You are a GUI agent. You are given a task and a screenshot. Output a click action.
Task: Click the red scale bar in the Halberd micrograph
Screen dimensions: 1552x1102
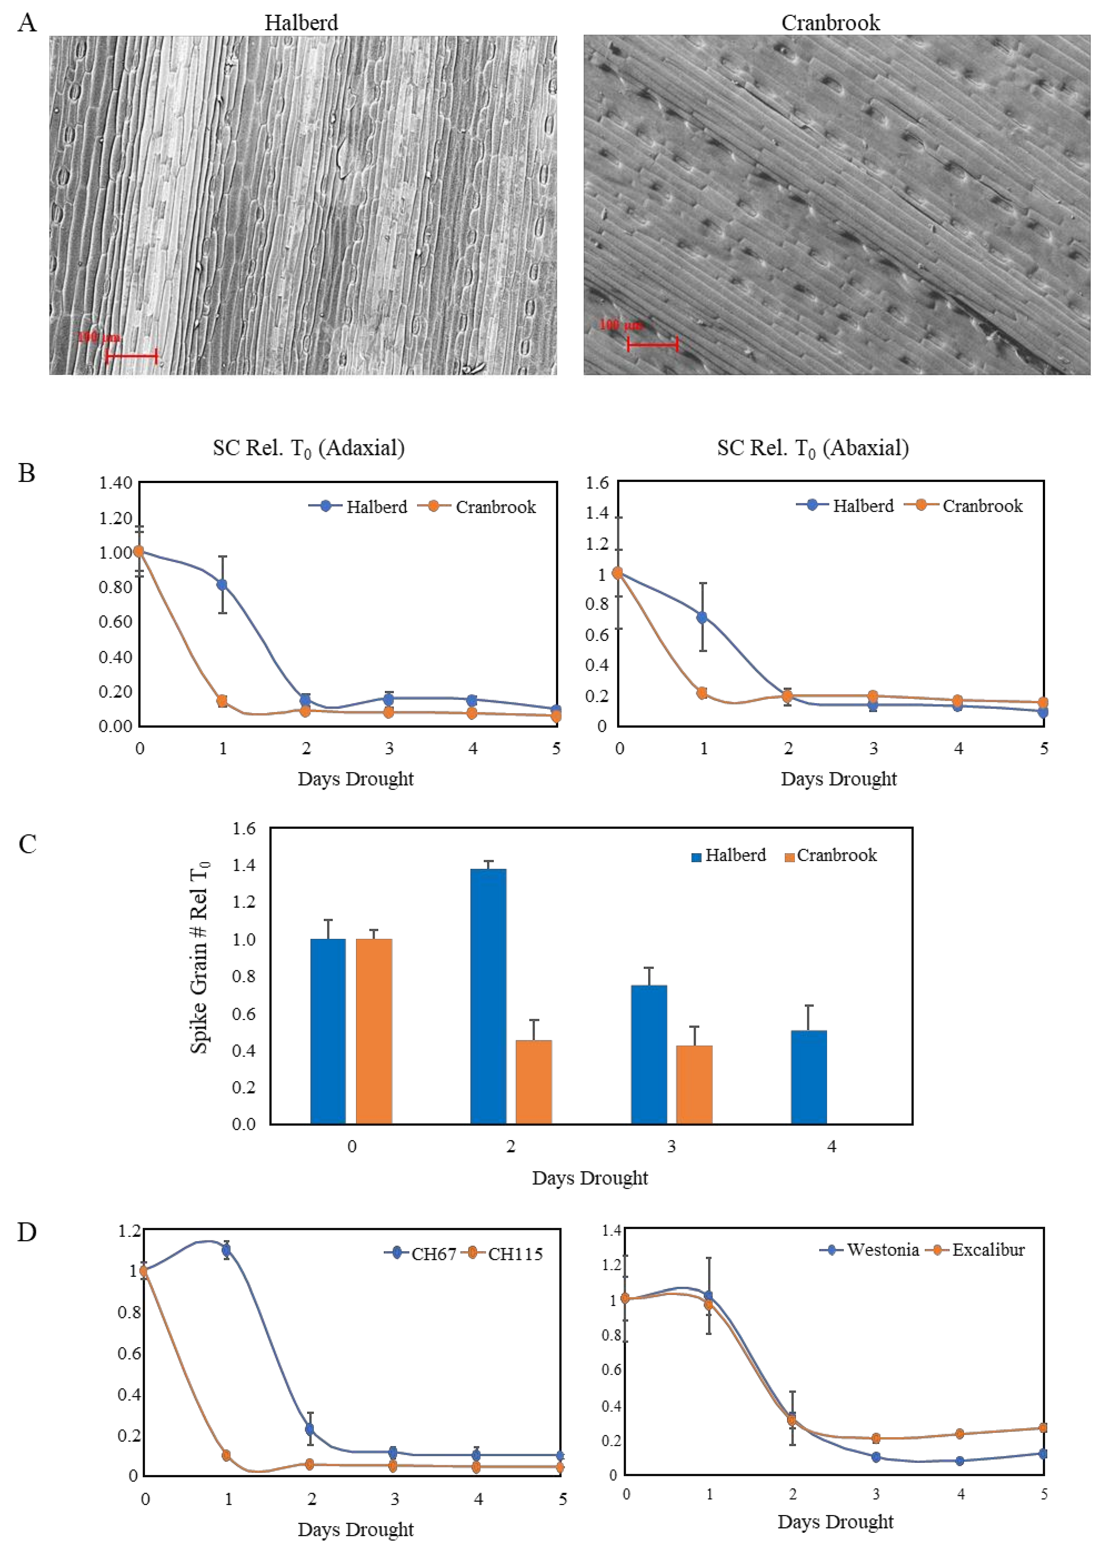tap(132, 355)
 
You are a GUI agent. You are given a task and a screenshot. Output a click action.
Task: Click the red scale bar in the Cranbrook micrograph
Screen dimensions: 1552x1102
tap(653, 344)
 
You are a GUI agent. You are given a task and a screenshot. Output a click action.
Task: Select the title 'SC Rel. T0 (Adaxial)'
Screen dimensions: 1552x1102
tap(309, 448)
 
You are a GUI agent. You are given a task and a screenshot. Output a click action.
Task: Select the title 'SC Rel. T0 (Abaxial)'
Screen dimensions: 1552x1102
tap(813, 448)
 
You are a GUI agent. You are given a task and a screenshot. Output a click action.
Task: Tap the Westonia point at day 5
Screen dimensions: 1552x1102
tap(1043, 1454)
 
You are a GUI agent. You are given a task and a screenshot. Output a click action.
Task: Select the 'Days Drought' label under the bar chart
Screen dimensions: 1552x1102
tap(590, 1178)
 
